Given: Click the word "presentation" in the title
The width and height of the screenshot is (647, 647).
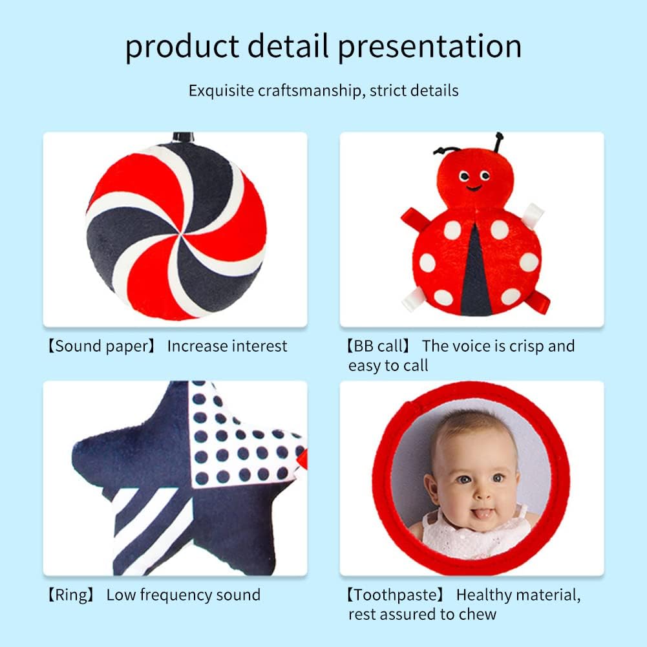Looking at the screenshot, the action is (430, 47).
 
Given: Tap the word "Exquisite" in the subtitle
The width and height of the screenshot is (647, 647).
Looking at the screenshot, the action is (221, 90).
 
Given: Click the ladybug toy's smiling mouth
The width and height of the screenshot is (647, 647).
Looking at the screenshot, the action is (474, 189).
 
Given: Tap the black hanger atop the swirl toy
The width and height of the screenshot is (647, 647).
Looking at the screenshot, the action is (183, 137).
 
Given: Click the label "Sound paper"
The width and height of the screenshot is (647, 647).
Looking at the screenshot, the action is (101, 346).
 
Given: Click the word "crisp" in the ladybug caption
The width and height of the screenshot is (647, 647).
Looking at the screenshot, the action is (528, 346).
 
